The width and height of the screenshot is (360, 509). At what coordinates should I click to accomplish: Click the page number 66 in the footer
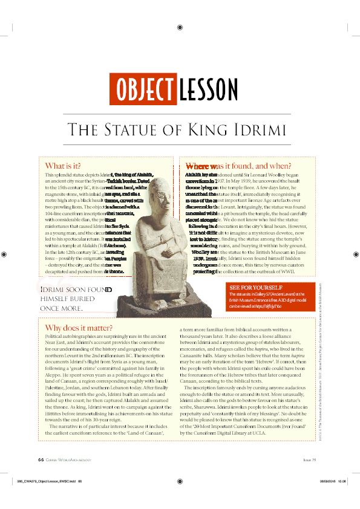click(41, 459)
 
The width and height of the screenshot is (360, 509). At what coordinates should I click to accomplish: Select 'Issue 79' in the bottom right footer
click(310, 459)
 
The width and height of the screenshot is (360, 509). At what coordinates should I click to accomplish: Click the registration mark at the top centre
click(180, 27)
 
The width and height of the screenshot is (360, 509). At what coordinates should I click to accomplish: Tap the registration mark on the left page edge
click(5, 254)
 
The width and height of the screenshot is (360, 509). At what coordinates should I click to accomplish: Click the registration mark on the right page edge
click(355, 254)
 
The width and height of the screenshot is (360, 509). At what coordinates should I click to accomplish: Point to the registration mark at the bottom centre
click(180, 482)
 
